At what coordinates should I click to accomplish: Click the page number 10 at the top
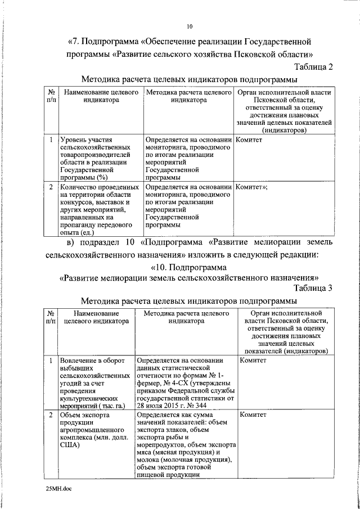click(x=190, y=26)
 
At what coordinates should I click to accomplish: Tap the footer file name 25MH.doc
click(x=59, y=489)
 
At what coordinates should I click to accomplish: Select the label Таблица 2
click(x=313, y=67)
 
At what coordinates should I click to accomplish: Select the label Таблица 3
click(x=313, y=288)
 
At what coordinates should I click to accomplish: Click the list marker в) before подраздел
click(x=71, y=242)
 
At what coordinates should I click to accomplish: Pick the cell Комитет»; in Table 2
click(x=251, y=187)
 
